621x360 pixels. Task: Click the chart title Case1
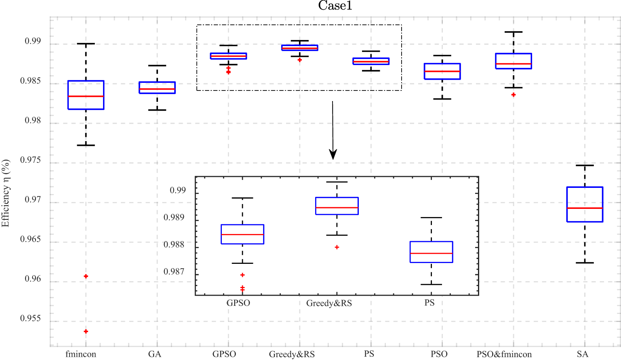coord(335,6)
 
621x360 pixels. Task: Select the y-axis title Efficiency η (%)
coord(6,193)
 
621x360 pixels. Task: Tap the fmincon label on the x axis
coord(81,354)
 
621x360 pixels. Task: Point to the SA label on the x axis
coord(582,354)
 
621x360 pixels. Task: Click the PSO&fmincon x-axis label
coord(504,354)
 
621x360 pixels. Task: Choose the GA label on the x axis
coord(155,354)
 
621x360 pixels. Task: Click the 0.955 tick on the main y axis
coord(31,318)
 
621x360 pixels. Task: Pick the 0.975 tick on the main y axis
coord(31,160)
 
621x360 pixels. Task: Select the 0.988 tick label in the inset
coord(174,244)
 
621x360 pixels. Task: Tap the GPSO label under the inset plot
coord(238,303)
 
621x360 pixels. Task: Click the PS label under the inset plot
coord(429,303)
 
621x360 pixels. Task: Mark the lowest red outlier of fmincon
coord(86,331)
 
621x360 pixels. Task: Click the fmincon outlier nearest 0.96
coord(86,276)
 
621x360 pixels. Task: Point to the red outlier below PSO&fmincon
coord(514,95)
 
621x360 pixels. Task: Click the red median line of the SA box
coord(585,208)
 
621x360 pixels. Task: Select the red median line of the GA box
coord(157,89)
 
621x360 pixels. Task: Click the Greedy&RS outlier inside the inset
coord(337,247)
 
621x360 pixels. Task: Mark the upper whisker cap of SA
coord(585,165)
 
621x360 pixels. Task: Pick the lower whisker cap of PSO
coord(442,99)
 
